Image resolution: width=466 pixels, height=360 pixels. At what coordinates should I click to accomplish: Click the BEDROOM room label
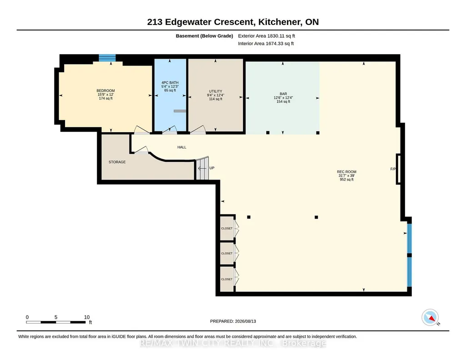(105, 90)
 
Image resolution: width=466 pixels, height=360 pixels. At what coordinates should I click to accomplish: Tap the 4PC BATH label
(170, 83)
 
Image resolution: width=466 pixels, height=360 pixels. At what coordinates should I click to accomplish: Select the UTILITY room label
(215, 91)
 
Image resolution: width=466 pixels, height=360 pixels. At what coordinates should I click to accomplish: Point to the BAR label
(283, 94)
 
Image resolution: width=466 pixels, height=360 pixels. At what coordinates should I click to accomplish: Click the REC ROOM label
(346, 172)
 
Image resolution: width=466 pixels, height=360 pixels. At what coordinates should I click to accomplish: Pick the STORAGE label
(117, 162)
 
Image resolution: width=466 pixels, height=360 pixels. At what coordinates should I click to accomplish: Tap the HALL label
(182, 147)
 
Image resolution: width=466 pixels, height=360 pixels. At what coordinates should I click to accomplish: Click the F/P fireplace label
(393, 169)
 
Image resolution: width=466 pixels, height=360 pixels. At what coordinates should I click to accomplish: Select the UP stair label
(212, 168)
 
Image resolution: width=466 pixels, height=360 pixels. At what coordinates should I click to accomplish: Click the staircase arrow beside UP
(202, 169)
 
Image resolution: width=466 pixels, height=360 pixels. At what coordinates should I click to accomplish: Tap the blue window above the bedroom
(107, 58)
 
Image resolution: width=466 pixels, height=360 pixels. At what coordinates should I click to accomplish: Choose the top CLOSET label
(227, 229)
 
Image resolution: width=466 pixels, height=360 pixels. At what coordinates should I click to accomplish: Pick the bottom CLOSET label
(227, 279)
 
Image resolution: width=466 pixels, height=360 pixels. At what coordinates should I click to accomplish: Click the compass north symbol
(431, 318)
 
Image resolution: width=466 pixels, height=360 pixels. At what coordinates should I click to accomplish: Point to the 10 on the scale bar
(87, 317)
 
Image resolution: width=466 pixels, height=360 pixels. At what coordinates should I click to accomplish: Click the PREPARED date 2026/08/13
(246, 321)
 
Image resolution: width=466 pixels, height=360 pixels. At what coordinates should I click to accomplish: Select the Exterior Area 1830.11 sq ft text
(266, 36)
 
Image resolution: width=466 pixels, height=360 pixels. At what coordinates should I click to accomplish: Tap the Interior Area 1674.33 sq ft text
(266, 43)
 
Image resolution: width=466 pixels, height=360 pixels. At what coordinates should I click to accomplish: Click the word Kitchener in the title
(279, 22)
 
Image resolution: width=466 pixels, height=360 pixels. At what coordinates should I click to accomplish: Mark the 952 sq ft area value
(346, 180)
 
